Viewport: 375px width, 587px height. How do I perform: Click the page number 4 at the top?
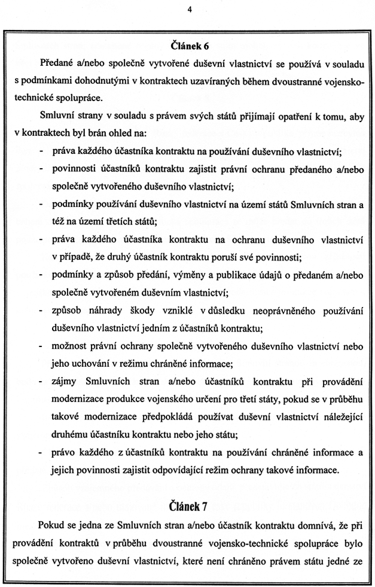click(189, 10)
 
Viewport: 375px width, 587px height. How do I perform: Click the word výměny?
click(168, 276)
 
